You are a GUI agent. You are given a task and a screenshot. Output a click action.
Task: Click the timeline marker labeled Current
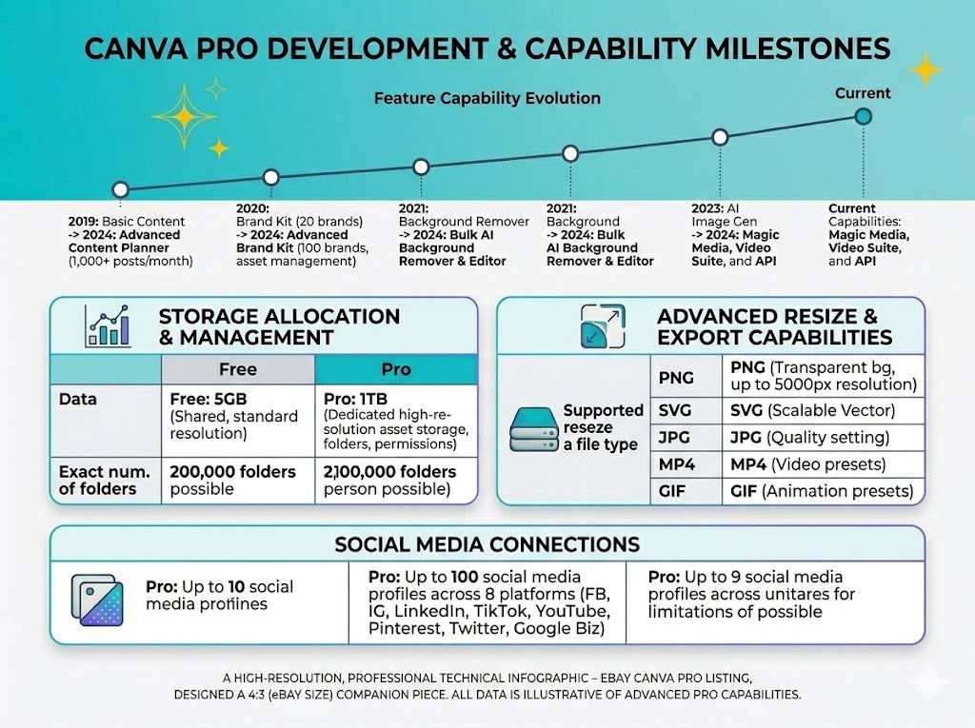click(x=863, y=116)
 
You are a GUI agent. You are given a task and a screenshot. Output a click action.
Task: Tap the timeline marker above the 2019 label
click(x=121, y=189)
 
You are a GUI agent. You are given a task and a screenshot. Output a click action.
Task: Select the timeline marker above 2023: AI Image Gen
click(x=720, y=137)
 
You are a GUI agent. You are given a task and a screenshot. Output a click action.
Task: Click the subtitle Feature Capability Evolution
click(x=487, y=98)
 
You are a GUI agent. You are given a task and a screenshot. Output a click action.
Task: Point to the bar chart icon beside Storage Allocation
click(x=108, y=325)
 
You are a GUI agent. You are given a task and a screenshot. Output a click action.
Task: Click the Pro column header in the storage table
click(x=396, y=369)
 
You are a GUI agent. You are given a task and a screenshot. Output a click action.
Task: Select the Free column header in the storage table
click(x=238, y=369)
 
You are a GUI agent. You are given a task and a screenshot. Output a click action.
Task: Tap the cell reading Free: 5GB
click(x=238, y=421)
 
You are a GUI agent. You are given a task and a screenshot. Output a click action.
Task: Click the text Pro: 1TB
click(x=356, y=399)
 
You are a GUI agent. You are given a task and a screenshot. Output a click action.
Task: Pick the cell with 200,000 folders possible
click(x=238, y=481)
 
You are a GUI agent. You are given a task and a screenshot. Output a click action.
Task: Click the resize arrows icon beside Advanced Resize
click(x=602, y=325)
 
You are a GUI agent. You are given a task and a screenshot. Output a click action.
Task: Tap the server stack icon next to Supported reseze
click(x=533, y=429)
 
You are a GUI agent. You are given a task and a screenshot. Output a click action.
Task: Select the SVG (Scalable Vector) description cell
click(x=824, y=410)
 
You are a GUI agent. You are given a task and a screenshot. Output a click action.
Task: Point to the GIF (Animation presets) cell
click(x=824, y=491)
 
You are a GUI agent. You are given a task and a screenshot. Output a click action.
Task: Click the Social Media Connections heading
click(x=487, y=544)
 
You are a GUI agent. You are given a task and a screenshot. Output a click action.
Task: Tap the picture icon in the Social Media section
click(x=97, y=600)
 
